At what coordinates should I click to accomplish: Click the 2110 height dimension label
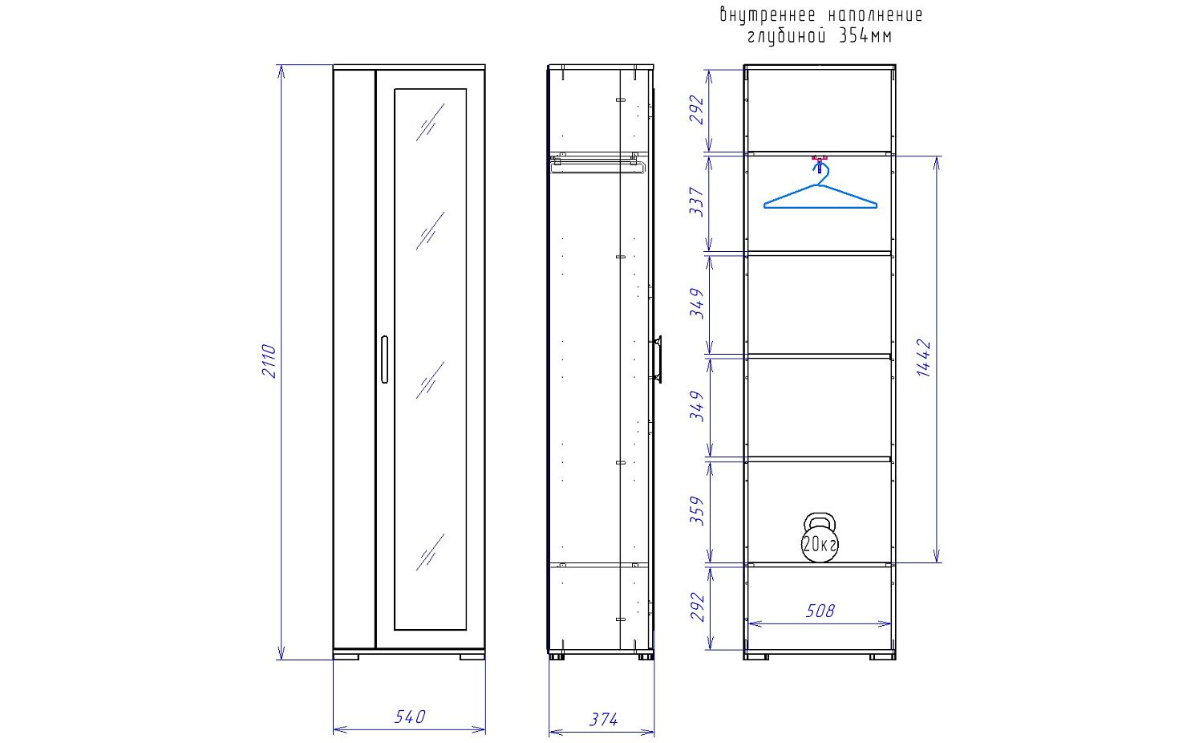(x=269, y=361)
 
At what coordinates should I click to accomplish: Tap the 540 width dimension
(x=410, y=717)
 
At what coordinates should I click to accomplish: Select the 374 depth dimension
(x=603, y=720)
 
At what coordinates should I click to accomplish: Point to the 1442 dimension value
(x=924, y=357)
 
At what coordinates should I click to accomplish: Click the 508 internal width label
(x=820, y=611)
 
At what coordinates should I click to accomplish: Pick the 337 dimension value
(x=696, y=201)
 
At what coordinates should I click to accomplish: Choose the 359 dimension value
(x=697, y=510)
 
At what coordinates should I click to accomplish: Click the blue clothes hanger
(x=820, y=186)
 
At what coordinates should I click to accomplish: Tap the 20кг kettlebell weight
(x=820, y=538)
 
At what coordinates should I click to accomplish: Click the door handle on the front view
(x=384, y=359)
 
